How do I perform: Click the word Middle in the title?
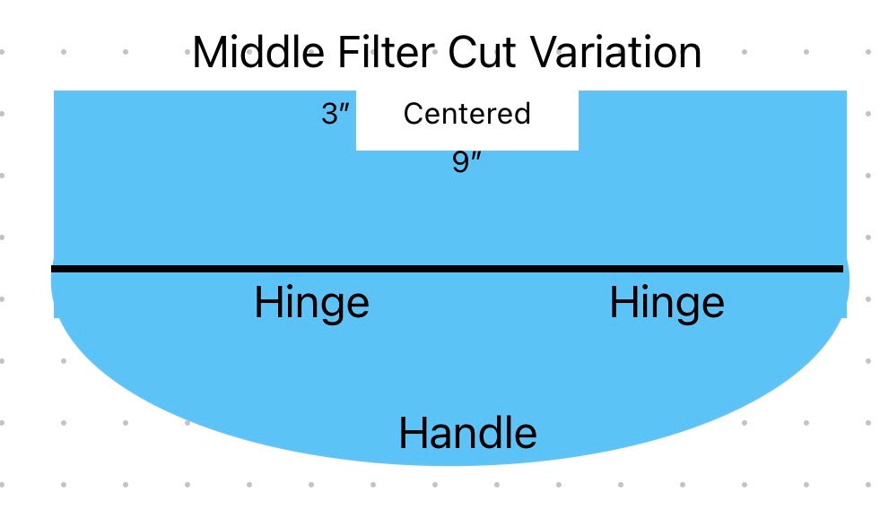coord(258,52)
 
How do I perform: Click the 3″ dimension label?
coord(336,114)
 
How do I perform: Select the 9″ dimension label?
coord(466,162)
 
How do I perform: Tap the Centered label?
coord(467,113)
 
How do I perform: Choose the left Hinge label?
coord(312,304)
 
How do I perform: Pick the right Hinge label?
coord(667,304)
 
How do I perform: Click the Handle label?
coord(467,433)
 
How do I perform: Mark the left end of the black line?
coord(52,269)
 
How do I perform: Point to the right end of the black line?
coord(843,269)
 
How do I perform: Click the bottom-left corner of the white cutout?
coord(356,150)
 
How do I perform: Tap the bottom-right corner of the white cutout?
coord(579,150)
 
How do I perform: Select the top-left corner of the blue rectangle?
coord(54,91)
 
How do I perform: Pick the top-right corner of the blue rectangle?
coord(847,91)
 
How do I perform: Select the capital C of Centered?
coord(414,113)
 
